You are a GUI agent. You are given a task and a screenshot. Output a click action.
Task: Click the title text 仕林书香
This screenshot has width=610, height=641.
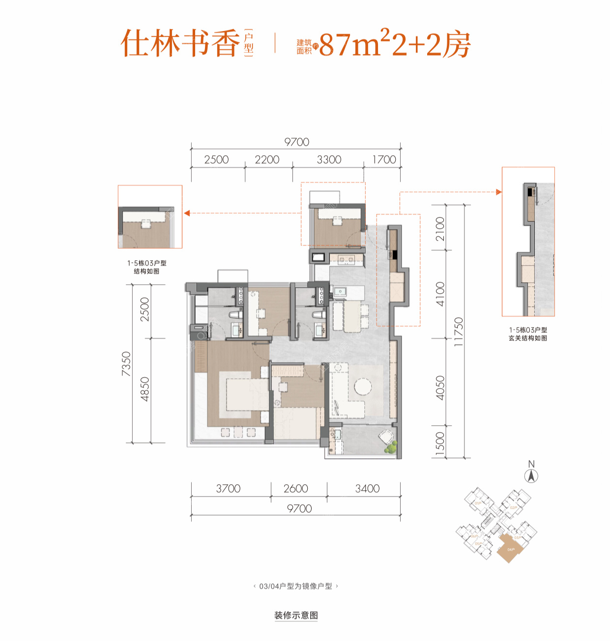(180, 43)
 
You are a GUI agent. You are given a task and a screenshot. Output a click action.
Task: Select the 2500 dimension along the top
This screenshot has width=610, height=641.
(216, 160)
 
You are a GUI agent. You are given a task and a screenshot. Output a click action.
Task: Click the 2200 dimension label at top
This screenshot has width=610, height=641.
(267, 160)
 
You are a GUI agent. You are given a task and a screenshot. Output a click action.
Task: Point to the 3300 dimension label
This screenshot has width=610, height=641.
(329, 160)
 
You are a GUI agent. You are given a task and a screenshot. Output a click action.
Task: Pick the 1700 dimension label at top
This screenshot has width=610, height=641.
(384, 160)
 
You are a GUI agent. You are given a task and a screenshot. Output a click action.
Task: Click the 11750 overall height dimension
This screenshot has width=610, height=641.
(458, 332)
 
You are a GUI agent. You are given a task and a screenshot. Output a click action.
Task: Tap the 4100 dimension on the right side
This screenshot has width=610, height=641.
(440, 294)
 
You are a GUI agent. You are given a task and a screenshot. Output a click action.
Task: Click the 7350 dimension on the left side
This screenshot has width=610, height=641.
(126, 364)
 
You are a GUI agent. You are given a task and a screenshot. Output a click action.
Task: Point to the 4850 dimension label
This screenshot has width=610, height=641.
(145, 389)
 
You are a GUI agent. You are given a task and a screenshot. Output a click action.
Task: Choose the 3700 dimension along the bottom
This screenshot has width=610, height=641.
(228, 489)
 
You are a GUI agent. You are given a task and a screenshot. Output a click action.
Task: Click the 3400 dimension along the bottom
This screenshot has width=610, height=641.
(367, 489)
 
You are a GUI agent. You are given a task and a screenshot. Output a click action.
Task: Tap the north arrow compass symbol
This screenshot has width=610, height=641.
(531, 475)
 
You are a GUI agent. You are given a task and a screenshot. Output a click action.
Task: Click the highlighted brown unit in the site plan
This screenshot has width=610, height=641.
(510, 549)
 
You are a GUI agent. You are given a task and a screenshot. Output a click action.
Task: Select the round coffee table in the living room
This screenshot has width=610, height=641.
(363, 387)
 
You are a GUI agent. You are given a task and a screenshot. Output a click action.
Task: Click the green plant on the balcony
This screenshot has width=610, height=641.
(391, 447)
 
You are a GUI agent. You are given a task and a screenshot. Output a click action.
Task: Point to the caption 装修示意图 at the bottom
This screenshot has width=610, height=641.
(296, 615)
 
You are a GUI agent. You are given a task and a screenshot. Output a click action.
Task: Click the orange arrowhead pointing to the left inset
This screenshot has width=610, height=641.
(187, 213)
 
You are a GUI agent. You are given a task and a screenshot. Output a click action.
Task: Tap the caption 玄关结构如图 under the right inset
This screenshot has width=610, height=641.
(528, 338)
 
